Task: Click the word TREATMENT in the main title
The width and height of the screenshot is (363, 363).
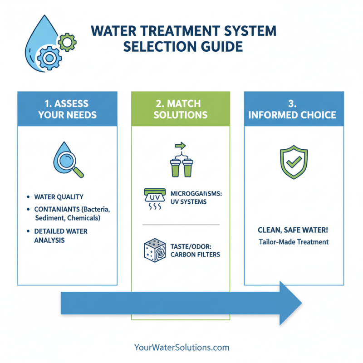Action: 171,31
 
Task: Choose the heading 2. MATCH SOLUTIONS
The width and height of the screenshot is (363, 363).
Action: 181,108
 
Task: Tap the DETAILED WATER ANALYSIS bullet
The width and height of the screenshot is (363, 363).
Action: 54,235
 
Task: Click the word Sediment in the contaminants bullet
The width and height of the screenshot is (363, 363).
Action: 49,218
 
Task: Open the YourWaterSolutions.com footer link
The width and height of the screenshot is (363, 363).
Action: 181,348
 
